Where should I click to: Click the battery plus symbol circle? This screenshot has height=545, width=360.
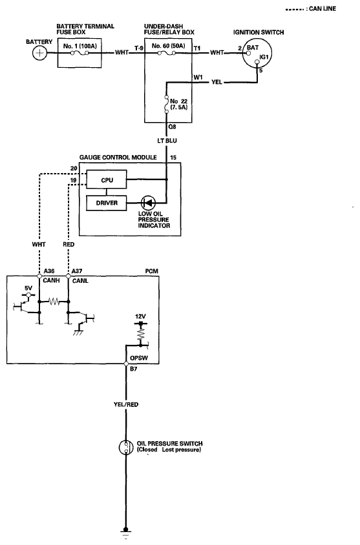click(x=39, y=53)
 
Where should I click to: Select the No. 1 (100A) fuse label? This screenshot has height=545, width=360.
click(x=79, y=46)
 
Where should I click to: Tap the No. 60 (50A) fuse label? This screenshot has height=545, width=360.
click(x=168, y=46)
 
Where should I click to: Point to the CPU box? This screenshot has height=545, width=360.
click(x=107, y=180)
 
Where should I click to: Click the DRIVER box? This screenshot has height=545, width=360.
click(x=107, y=203)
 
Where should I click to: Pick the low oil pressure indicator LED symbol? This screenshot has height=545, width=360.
click(x=148, y=202)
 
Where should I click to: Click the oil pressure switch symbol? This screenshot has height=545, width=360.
click(x=126, y=447)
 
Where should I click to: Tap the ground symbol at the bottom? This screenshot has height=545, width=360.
click(x=126, y=533)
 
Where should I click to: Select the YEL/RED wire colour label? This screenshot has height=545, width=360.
click(x=126, y=405)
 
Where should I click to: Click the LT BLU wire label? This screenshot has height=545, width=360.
click(x=167, y=141)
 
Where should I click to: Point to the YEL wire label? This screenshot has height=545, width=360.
click(x=217, y=82)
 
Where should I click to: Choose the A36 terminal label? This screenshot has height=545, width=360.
click(x=49, y=271)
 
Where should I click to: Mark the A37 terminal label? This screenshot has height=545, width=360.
click(x=76, y=271)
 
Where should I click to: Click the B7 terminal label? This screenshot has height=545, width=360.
click(x=134, y=369)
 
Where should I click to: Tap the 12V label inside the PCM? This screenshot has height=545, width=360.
click(x=140, y=316)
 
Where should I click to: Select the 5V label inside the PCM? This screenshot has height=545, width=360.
click(x=28, y=288)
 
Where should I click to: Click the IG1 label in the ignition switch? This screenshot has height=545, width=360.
click(x=264, y=57)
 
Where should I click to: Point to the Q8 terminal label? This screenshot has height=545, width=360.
click(x=172, y=127)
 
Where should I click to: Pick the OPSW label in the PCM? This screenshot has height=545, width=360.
click(x=139, y=358)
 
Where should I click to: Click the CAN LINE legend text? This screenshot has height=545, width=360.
click(x=323, y=8)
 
